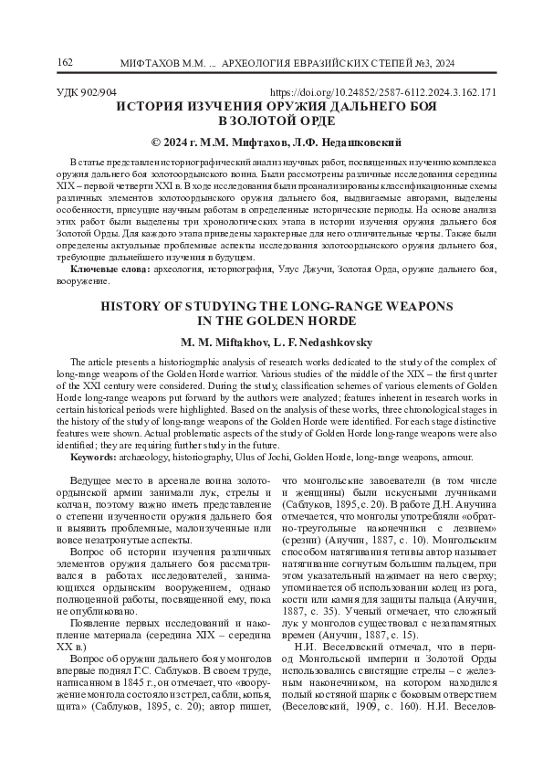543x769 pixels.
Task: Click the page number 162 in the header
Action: [65, 62]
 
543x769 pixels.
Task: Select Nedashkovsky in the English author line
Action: [329, 340]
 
